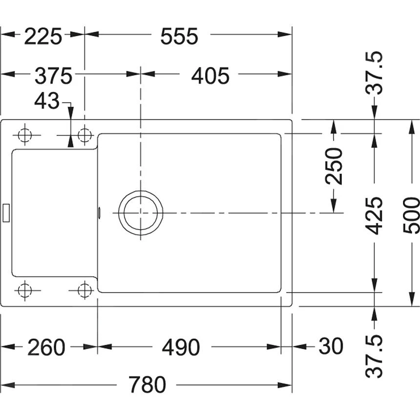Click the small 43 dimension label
point(46,102)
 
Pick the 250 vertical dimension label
point(335,166)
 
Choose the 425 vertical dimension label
point(375,215)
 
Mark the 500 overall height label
point(412,215)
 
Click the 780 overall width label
point(147,385)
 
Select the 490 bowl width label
point(181,347)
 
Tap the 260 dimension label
point(46,347)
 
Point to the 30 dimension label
point(331,347)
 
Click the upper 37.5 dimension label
point(376,73)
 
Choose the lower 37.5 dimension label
point(376,356)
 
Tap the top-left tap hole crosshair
point(24,134)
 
